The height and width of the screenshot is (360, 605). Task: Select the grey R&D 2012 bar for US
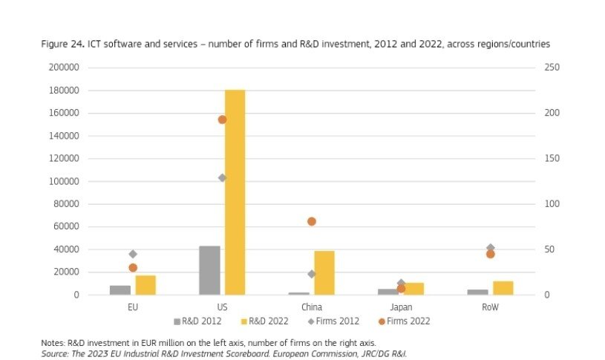[209, 270]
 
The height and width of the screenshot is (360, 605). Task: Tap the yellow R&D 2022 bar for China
[324, 272]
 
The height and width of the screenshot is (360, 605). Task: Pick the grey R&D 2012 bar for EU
[120, 290]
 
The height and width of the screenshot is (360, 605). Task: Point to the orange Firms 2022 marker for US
[222, 120]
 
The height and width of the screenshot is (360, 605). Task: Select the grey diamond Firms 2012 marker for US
[222, 178]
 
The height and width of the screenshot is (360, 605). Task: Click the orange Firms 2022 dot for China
[312, 221]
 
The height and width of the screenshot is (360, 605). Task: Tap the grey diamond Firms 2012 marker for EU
[133, 254]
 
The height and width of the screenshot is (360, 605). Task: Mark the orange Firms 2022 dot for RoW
[491, 254]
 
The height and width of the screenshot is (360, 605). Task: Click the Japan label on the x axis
[401, 307]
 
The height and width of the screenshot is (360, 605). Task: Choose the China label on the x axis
[312, 307]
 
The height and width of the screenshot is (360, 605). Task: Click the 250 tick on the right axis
[552, 68]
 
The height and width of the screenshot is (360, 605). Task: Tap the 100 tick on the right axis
[552, 204]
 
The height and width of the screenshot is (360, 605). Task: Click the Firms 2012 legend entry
[334, 321]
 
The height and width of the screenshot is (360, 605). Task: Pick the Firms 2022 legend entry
[405, 321]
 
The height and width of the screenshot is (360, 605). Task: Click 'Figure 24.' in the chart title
[62, 45]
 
